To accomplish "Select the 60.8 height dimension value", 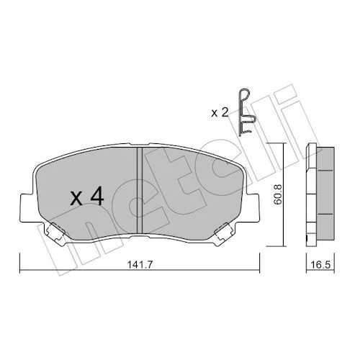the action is tap(278, 194).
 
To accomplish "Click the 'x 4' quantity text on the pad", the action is tap(86, 197).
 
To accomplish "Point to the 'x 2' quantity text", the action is tap(219, 113).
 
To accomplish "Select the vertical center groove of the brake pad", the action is tap(140, 191).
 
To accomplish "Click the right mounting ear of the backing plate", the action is tap(252, 207).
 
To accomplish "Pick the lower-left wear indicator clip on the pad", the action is tap(55, 232).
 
